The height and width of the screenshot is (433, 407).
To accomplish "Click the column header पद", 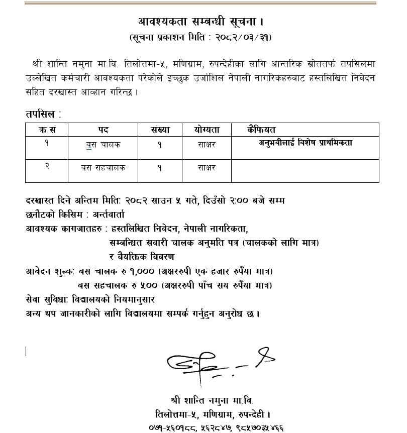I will [x=103, y=130].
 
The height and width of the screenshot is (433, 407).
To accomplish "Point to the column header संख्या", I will [x=160, y=130].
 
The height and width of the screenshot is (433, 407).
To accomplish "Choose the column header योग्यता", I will [x=207, y=130].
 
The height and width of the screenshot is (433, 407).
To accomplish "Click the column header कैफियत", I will [x=262, y=130].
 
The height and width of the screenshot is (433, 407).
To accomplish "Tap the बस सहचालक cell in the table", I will [x=103, y=168].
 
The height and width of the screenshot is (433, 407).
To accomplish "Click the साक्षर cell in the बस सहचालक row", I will [x=207, y=168].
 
